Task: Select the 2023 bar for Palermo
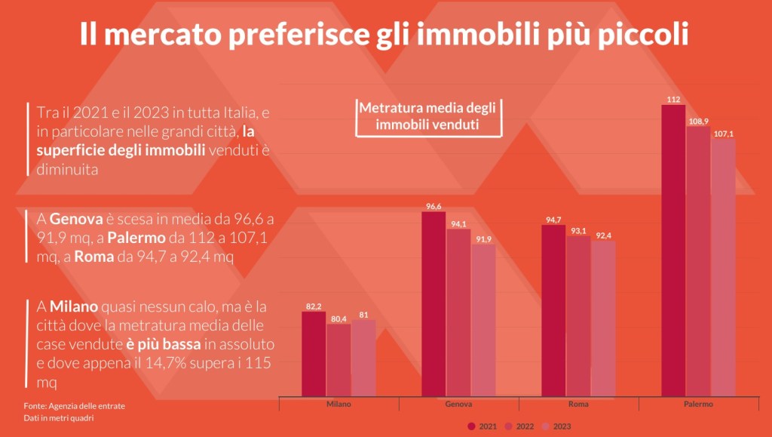pyautogui.click(x=723, y=268)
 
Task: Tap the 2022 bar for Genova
pyautogui.click(x=458, y=312)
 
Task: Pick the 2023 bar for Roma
pyautogui.click(x=603, y=319)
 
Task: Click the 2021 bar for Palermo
pyautogui.click(x=673, y=250)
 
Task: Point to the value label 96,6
pyautogui.click(x=433, y=206)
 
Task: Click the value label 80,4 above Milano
pyautogui.click(x=339, y=319)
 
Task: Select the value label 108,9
pyautogui.click(x=698, y=121)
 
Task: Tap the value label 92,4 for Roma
pyautogui.click(x=603, y=235)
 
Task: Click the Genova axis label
pyautogui.click(x=458, y=405)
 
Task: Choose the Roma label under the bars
pyautogui.click(x=578, y=405)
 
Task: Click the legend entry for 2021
pyautogui.click(x=483, y=426)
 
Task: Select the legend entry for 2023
pyautogui.click(x=557, y=426)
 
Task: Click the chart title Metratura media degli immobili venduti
pyautogui.click(x=427, y=116)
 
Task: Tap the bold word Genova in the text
pyautogui.click(x=74, y=220)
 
